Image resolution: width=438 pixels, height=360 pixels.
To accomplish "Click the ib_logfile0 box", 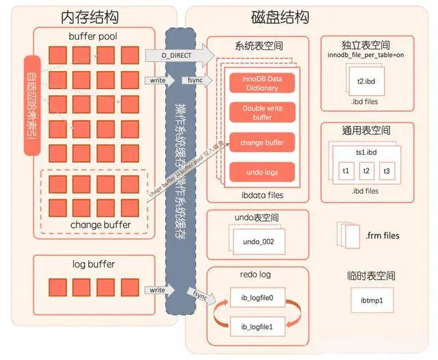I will [x=257, y=298].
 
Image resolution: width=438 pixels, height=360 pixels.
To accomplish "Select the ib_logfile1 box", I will [x=257, y=327].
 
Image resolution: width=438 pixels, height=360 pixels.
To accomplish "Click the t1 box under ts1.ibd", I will [x=347, y=170].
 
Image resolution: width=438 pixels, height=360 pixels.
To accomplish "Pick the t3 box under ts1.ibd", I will [x=387, y=170].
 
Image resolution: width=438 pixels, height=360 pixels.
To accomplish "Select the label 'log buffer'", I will [x=93, y=263].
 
